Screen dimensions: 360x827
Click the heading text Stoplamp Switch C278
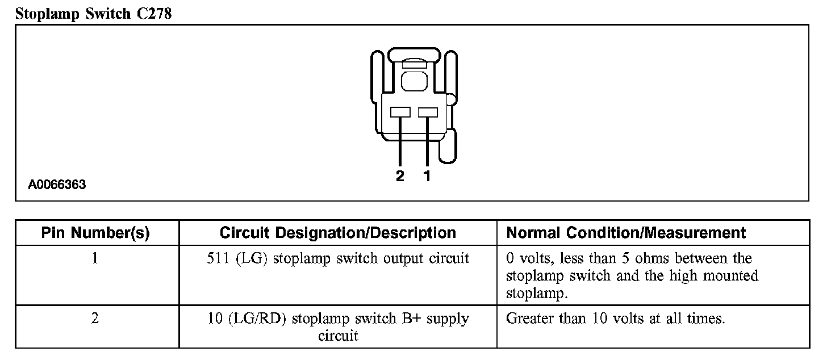click(x=93, y=14)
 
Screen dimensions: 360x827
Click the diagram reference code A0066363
click(x=57, y=185)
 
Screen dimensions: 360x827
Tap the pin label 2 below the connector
click(x=400, y=177)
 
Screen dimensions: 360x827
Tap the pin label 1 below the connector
click(x=427, y=177)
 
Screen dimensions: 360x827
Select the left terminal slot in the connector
click(x=400, y=112)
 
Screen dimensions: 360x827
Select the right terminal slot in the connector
click(x=427, y=112)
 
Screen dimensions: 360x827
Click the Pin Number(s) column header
click(x=95, y=233)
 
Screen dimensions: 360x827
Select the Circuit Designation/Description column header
click(x=337, y=233)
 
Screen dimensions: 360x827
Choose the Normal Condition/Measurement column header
click(x=626, y=233)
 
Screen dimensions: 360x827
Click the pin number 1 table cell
click(x=95, y=259)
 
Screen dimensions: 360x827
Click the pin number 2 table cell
click(x=95, y=319)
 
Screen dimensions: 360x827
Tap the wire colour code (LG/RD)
click(x=260, y=319)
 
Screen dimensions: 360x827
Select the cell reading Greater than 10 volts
click(x=615, y=319)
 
